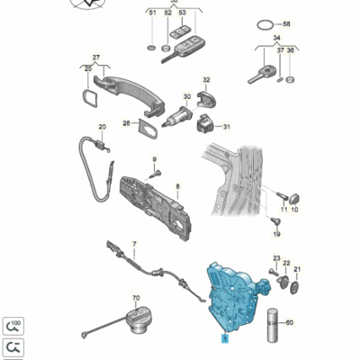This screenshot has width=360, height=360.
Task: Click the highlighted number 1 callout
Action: click(x=225, y=338)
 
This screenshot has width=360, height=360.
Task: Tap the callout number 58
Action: click(x=287, y=23)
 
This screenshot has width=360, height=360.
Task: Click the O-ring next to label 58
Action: click(x=265, y=25)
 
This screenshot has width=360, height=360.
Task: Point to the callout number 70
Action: click(x=136, y=298)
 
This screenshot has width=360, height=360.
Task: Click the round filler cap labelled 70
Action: click(x=139, y=320)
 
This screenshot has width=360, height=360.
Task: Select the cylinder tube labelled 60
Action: click(x=274, y=325)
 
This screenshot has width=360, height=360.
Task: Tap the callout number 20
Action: click(x=103, y=127)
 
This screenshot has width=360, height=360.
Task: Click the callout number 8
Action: click(x=177, y=186)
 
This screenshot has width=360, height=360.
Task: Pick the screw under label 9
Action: click(x=157, y=173)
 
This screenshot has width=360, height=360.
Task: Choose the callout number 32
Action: click(x=206, y=80)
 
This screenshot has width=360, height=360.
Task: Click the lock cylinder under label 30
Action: click(x=178, y=117)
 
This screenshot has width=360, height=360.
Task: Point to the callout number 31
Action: click(x=227, y=127)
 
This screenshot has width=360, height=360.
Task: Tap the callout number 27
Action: click(x=96, y=57)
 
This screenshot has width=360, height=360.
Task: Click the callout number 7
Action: click(x=134, y=244)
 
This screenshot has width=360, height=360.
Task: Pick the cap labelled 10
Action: click(x=294, y=198)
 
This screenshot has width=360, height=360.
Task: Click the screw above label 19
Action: click(x=275, y=221)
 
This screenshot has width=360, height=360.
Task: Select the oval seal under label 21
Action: click(x=294, y=288)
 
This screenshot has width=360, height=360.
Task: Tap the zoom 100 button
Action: click(x=13, y=326)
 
